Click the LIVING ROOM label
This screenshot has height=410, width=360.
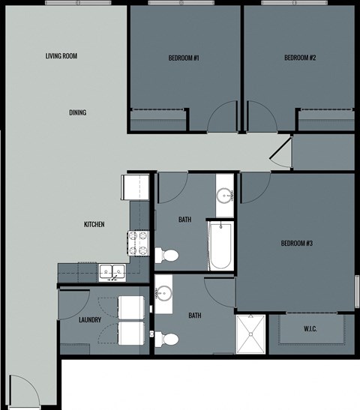[61, 56]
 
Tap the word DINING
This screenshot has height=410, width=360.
[77, 113]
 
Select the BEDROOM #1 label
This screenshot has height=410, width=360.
[184, 58]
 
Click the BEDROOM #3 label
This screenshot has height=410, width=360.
[296, 243]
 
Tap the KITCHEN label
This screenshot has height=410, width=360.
[94, 225]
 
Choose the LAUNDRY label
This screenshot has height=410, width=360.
[90, 319]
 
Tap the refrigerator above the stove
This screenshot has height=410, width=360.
[139, 187]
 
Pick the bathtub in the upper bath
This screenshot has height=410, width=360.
[220, 247]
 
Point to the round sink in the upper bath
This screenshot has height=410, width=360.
[225, 196]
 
